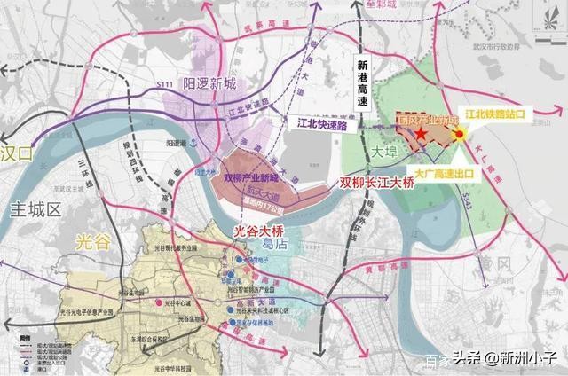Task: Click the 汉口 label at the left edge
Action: (20, 152)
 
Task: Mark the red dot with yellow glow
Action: (461, 135)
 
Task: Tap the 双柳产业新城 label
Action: (252, 176)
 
